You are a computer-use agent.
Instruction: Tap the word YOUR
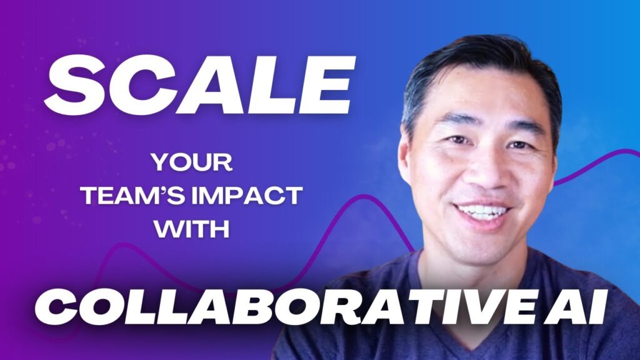(x=192, y=162)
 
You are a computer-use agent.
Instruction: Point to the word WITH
(x=192, y=229)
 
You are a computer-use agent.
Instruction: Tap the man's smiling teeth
(x=482, y=211)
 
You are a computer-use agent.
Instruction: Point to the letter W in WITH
(x=167, y=229)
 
